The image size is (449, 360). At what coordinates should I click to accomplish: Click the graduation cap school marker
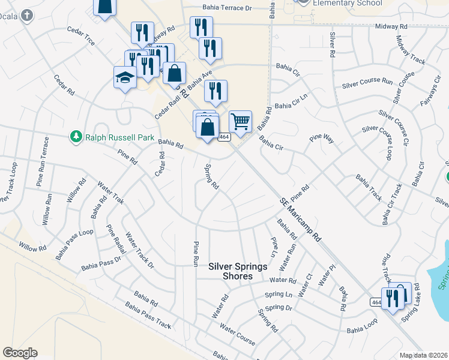tap(125, 77)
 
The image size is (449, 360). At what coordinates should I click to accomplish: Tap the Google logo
tap(20, 353)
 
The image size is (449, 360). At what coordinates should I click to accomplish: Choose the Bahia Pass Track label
tap(148, 316)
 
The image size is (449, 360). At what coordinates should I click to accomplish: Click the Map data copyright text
tap(424, 355)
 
